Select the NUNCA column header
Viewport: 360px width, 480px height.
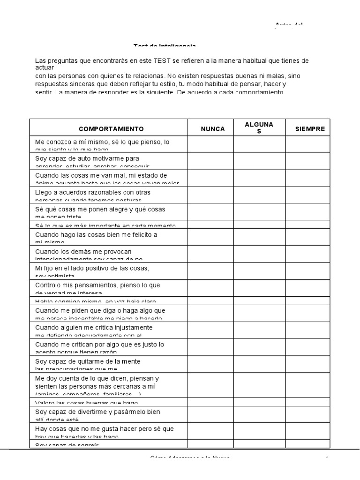(213, 129)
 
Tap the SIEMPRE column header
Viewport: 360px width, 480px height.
(310, 129)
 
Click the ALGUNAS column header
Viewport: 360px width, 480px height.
(259, 128)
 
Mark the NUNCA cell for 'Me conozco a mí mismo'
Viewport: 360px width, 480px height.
(211, 144)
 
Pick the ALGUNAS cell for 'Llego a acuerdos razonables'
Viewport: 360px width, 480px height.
(260, 195)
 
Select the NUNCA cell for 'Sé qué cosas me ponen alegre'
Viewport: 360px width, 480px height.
(211, 211)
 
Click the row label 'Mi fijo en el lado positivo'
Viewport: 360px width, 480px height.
(92, 270)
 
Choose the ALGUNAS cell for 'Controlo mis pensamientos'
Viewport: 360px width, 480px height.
(260, 287)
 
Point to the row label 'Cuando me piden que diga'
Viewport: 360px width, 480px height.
(100, 313)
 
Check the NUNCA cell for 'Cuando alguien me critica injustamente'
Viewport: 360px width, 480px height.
(211, 330)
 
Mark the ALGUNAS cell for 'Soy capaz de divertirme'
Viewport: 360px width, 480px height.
(260, 414)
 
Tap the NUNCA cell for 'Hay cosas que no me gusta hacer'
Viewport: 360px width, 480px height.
(211, 431)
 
